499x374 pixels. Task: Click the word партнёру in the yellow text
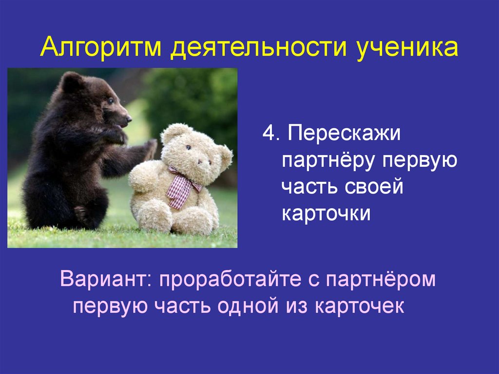(x=328, y=161)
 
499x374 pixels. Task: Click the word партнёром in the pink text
(x=380, y=280)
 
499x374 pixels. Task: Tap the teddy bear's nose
(x=200, y=162)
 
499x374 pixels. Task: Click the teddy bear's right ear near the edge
(x=225, y=155)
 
